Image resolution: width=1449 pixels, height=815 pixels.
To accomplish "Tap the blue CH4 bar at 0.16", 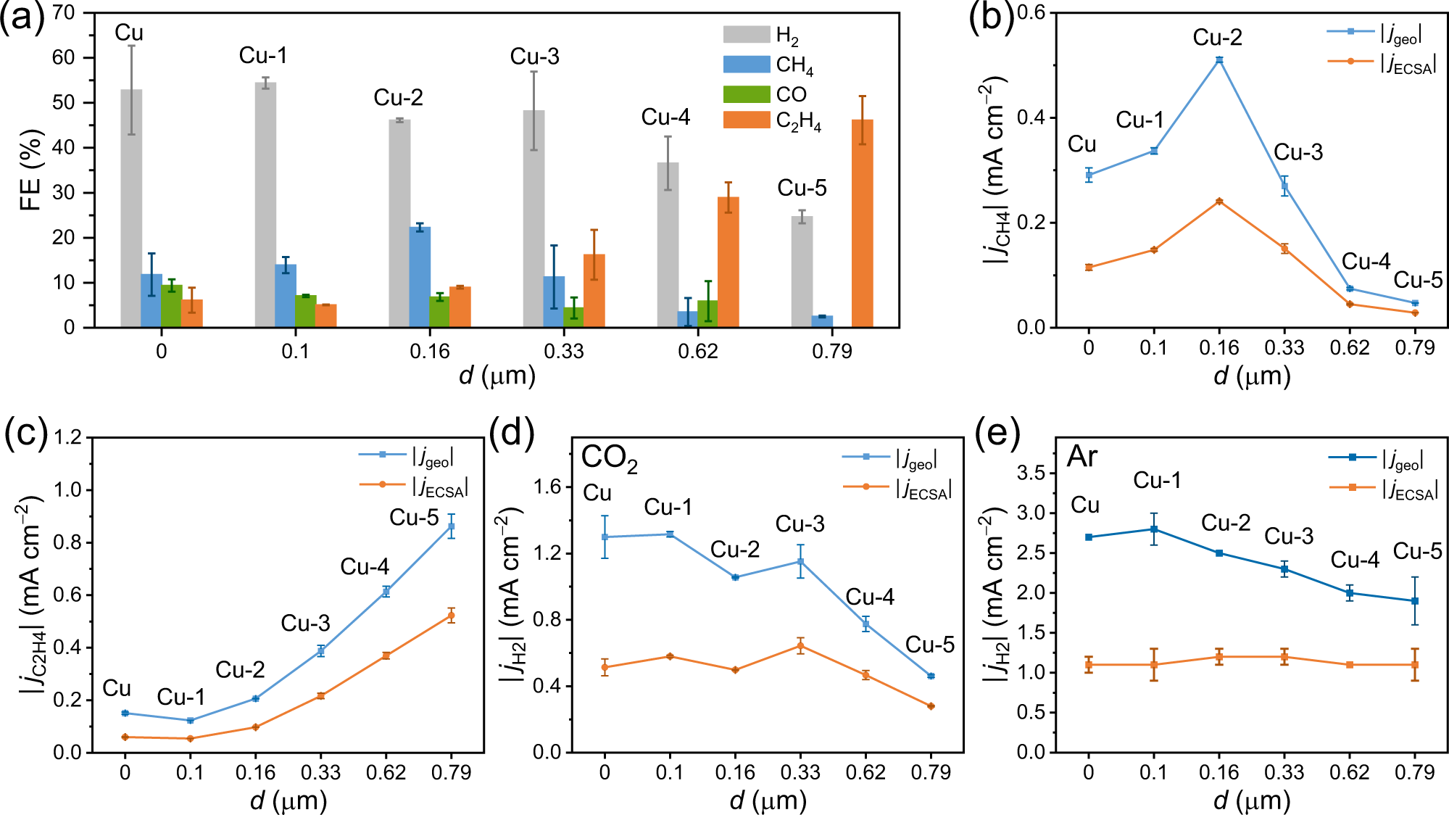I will tap(420, 277).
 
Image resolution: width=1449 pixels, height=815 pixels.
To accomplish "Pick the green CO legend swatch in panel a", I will tap(746, 94).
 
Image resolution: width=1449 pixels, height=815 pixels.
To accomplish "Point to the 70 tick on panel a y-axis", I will tap(64, 13).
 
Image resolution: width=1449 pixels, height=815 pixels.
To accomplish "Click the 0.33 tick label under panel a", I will tap(563, 352).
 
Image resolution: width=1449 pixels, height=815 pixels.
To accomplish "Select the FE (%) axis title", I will tap(30, 170).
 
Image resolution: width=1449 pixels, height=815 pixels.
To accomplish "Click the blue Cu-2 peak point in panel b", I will tap(1219, 60).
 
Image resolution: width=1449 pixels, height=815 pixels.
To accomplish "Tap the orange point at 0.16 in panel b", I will tap(1219, 201).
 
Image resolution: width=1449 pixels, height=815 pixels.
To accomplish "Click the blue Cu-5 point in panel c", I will tap(452, 526).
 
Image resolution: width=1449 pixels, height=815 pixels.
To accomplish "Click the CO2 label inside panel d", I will tap(609, 458).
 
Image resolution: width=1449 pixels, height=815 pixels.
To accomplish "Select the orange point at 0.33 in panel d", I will tap(800, 646).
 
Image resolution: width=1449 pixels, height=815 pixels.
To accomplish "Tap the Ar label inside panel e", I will tap(1081, 457).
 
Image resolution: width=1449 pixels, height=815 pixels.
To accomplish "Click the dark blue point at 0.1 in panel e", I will tap(1153, 529).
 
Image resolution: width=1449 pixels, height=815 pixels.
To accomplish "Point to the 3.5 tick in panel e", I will tap(1032, 473).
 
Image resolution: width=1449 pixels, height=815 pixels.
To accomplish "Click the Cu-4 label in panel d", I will tap(869, 597).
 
